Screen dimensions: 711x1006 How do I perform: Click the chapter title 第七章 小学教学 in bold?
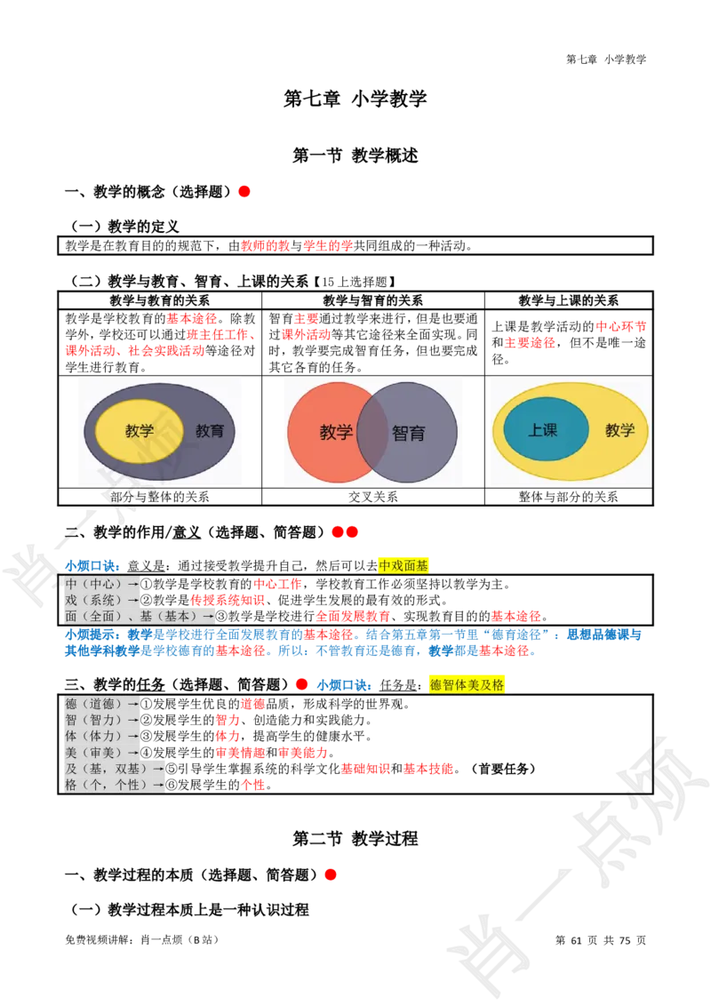pyautogui.click(x=355, y=98)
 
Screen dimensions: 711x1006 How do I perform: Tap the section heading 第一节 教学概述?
pyautogui.click(x=355, y=156)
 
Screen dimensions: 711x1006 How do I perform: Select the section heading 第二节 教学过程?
pyautogui.click(x=355, y=839)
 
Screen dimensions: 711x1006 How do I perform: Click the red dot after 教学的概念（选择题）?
pyautogui.click(x=244, y=191)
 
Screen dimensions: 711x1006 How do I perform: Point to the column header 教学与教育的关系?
pyautogui.click(x=159, y=300)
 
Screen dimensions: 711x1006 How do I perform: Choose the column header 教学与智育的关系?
pyautogui.click(x=372, y=300)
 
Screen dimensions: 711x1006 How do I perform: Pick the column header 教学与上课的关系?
pyautogui.click(x=569, y=300)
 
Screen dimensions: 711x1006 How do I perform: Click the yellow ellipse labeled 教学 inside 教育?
pyautogui.click(x=140, y=430)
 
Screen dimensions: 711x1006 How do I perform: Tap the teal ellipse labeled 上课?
pyautogui.click(x=546, y=429)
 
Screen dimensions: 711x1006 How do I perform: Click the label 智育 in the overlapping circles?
pyautogui.click(x=408, y=433)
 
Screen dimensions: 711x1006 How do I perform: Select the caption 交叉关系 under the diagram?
pyautogui.click(x=372, y=497)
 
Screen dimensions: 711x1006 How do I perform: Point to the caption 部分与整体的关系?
pyautogui.click(x=159, y=497)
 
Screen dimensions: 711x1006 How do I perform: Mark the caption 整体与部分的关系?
pyautogui.click(x=569, y=497)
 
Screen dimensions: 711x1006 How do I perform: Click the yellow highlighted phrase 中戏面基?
pyautogui.click(x=403, y=565)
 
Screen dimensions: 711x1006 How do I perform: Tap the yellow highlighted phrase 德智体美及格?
pyautogui.click(x=467, y=684)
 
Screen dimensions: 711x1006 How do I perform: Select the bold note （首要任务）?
pyautogui.click(x=502, y=769)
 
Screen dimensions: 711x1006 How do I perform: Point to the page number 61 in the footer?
pyautogui.click(x=576, y=940)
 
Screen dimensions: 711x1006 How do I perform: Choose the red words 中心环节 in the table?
pyautogui.click(x=620, y=326)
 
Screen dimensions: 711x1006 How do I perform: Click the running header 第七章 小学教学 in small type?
pyautogui.click(x=606, y=59)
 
